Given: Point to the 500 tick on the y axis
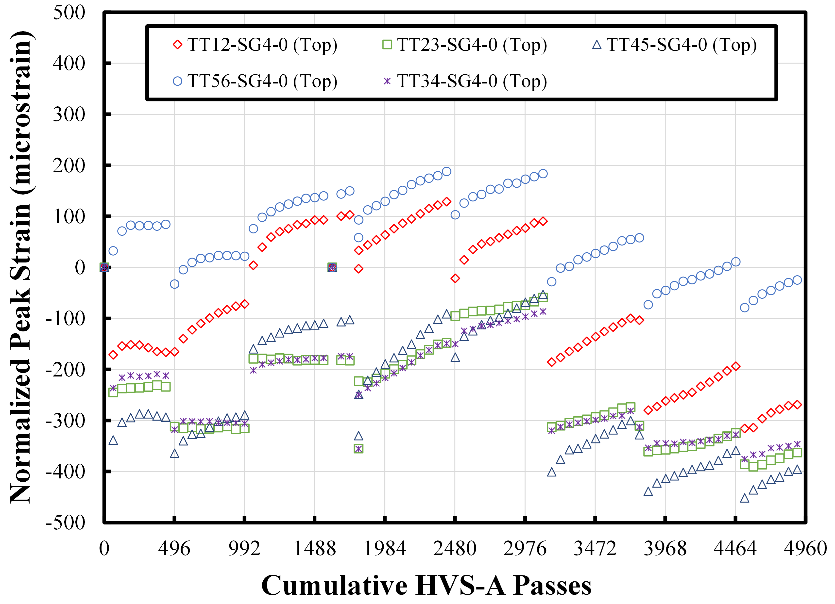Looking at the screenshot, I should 69,13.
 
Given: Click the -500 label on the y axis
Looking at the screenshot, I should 65,522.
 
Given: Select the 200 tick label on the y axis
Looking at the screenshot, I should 69,165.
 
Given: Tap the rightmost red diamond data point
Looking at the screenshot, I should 797,405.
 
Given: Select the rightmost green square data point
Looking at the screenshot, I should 797,453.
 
